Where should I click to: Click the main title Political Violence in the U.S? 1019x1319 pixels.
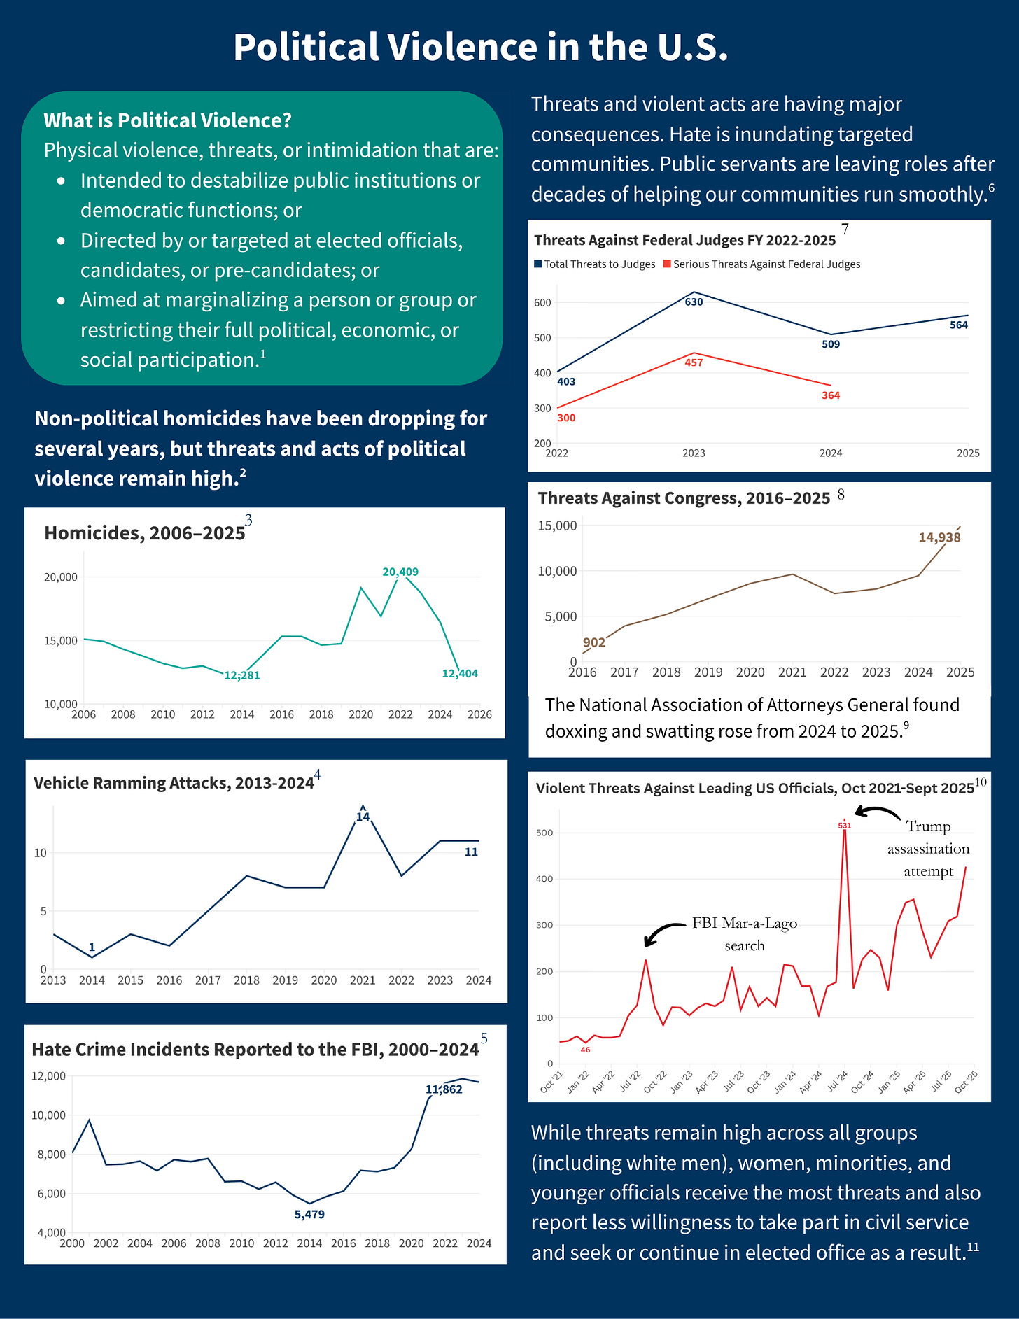click(481, 48)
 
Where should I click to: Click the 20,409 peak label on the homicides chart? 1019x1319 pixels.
click(400, 572)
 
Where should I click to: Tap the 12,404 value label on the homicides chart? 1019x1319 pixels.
click(460, 674)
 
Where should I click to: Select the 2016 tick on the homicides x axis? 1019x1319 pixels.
click(281, 714)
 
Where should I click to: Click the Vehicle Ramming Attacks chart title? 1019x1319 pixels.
click(174, 783)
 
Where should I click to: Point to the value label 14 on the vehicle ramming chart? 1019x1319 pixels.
click(363, 817)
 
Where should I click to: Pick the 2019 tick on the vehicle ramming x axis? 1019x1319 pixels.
click(286, 980)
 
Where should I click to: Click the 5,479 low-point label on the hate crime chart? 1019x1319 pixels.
click(309, 1214)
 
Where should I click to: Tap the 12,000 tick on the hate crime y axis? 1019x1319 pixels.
click(49, 1075)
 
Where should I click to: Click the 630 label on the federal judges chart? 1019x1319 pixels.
click(694, 302)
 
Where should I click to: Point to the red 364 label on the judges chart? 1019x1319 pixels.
click(831, 395)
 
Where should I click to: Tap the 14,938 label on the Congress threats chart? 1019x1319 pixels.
click(939, 537)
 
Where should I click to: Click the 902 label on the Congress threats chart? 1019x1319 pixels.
click(594, 642)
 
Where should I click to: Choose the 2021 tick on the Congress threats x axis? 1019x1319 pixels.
click(792, 672)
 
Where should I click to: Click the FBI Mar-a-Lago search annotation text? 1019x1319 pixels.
click(745, 934)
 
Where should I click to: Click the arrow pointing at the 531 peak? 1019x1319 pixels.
click(878, 813)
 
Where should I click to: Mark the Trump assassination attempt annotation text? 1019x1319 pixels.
click(928, 849)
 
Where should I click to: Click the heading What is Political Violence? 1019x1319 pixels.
click(167, 120)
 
